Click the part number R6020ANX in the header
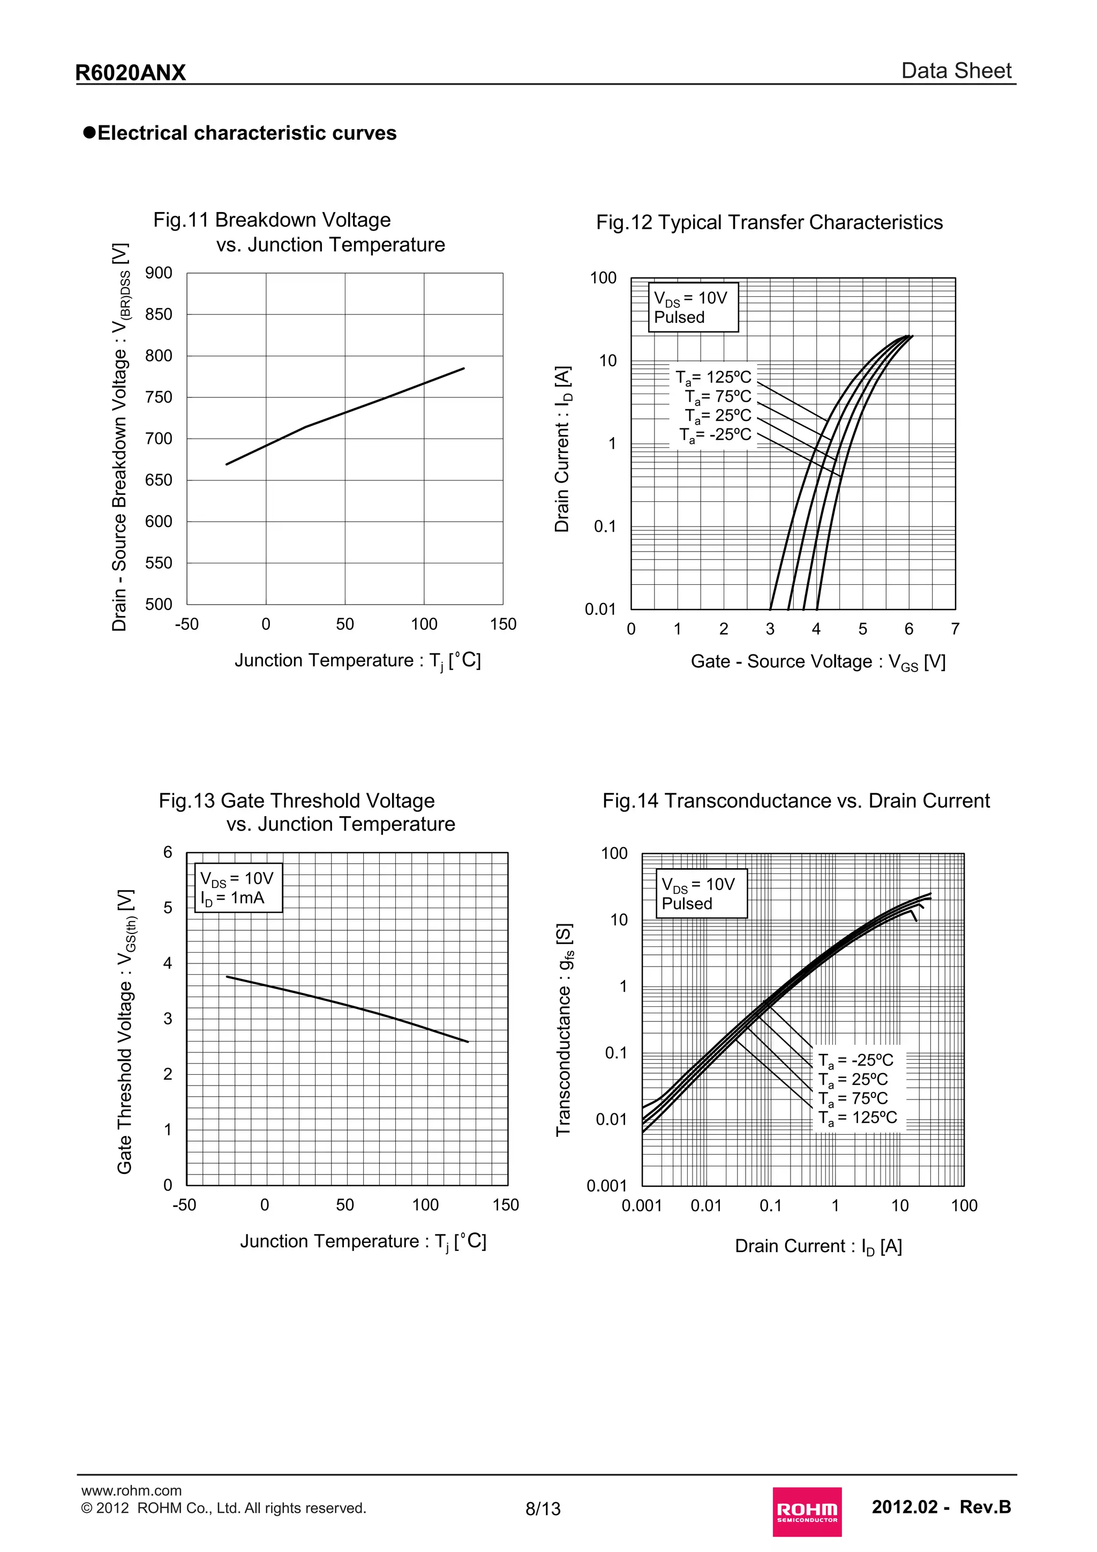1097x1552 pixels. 131,72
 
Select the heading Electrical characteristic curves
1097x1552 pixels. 247,133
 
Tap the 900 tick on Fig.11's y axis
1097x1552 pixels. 159,273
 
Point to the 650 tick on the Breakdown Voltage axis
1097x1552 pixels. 159,480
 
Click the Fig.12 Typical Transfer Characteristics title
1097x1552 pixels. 769,222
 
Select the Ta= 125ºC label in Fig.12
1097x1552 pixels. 714,377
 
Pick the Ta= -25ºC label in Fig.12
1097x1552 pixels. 715,435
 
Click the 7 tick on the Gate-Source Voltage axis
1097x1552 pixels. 955,629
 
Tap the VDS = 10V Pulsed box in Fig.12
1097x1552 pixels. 693,307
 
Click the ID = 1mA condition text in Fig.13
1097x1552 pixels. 232,898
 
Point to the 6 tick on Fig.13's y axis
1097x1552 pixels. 168,853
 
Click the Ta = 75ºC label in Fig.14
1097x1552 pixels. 853,1099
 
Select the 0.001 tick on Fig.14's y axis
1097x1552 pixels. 606,1186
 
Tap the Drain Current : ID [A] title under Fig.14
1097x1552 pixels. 818,1246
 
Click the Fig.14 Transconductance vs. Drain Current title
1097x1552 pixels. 795,801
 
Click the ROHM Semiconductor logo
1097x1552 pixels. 807,1511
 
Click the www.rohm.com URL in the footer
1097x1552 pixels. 131,1490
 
